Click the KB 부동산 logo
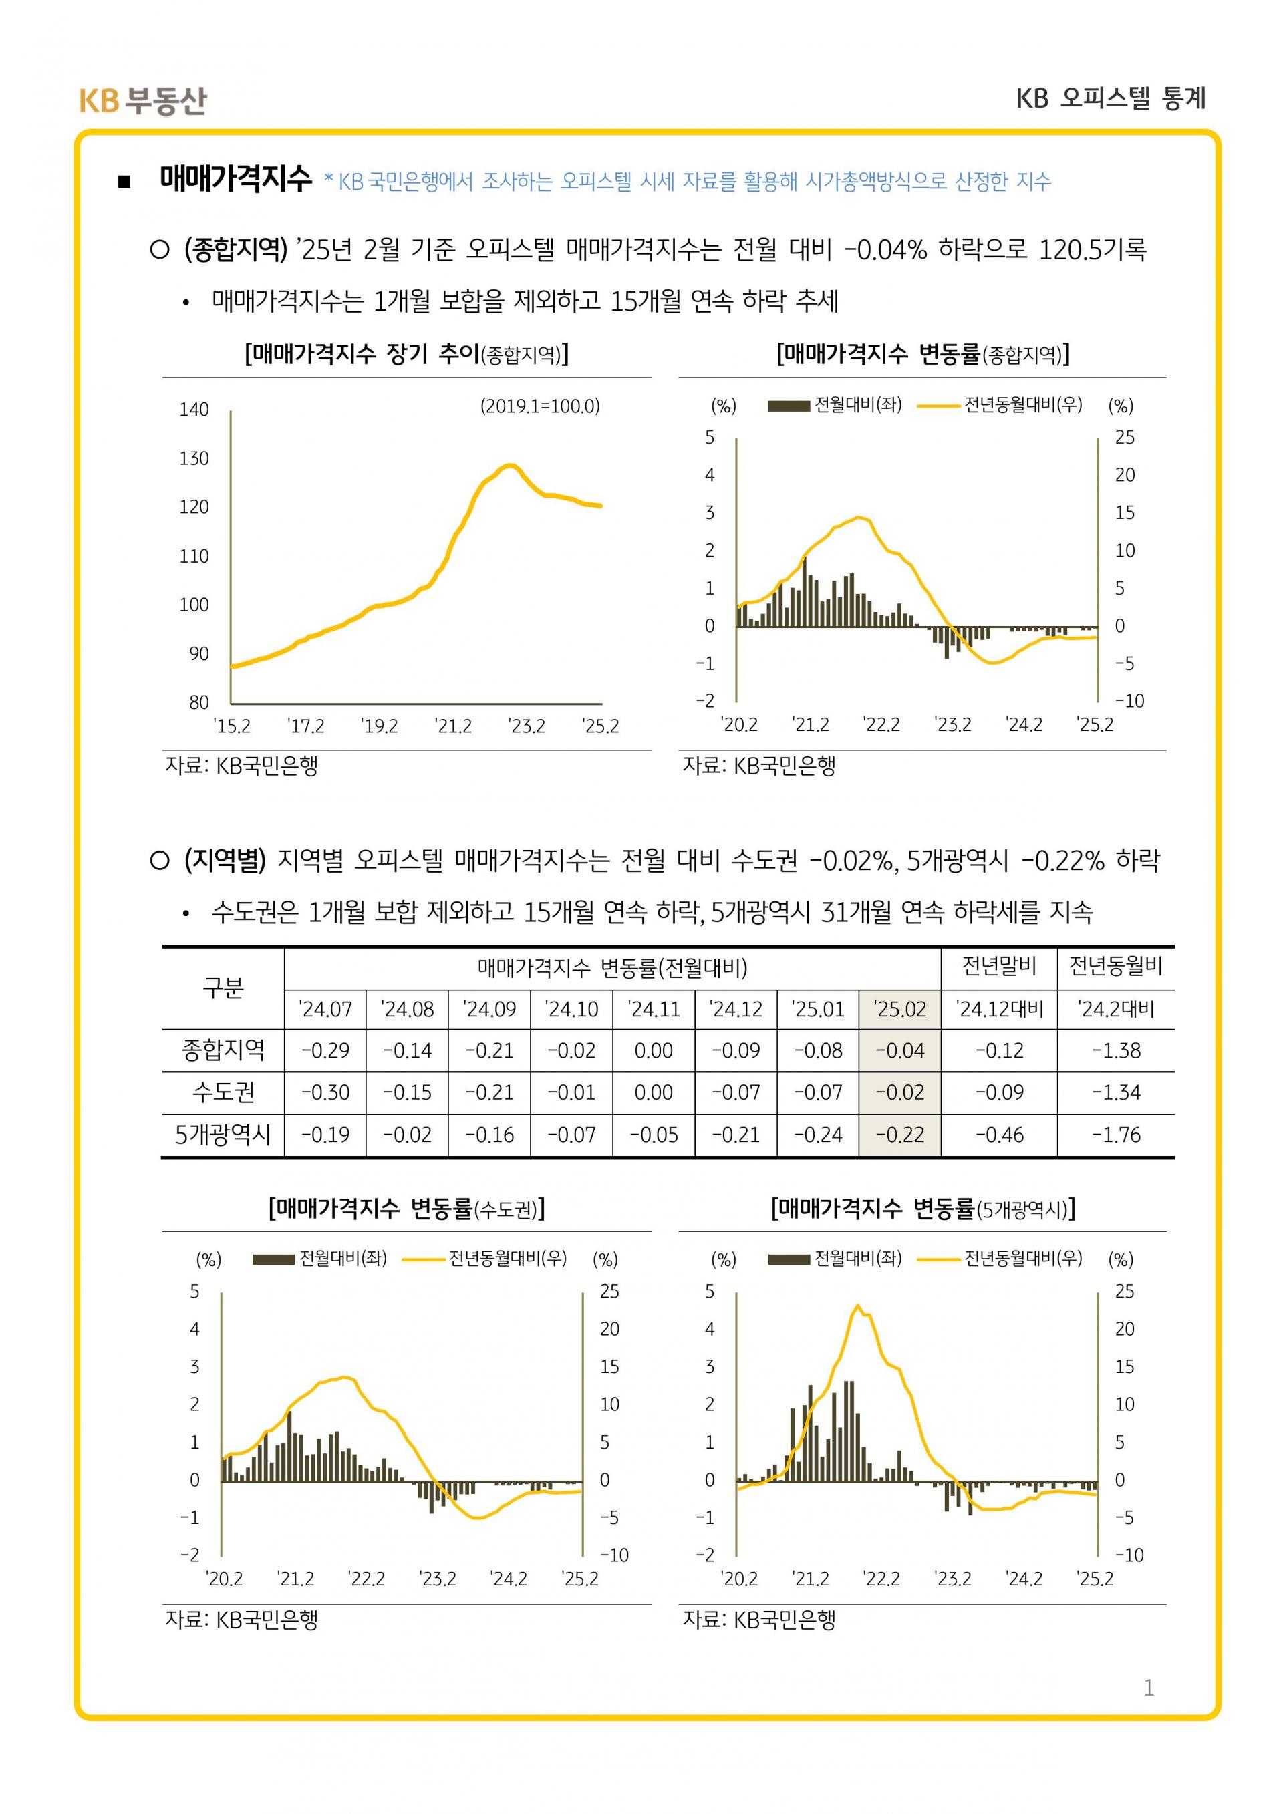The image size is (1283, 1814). tap(142, 100)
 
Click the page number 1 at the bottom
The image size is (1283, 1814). tap(1148, 1688)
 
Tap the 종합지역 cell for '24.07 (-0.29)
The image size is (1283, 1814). tap(325, 1051)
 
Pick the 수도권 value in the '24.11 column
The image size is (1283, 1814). tap(654, 1092)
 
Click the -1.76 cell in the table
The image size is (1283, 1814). tap(1115, 1135)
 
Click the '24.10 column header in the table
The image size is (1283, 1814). tap(571, 1009)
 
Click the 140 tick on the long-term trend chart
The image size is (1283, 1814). tap(194, 410)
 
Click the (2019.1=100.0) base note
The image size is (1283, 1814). tap(539, 406)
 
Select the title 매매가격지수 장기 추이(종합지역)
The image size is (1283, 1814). tap(406, 354)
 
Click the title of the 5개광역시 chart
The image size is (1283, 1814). tap(922, 1208)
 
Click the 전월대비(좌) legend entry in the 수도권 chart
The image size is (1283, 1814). tap(320, 1259)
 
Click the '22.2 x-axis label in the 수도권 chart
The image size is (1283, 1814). tap(367, 1579)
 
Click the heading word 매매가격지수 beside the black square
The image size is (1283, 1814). tap(235, 179)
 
